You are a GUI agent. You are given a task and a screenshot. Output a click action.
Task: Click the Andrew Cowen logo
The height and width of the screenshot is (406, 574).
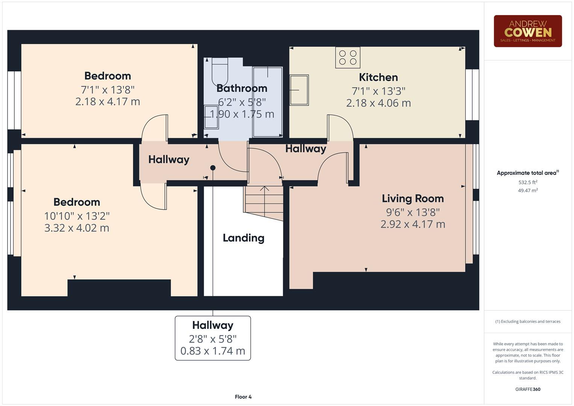pyautogui.click(x=527, y=31)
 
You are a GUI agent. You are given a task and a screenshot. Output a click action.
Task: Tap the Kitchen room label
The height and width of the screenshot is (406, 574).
pyautogui.click(x=378, y=77)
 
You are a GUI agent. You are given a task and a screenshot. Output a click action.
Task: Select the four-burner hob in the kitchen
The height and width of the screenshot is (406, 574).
pyautogui.click(x=348, y=58)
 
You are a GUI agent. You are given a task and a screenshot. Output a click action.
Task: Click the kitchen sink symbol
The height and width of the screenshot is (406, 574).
pyautogui.click(x=299, y=90)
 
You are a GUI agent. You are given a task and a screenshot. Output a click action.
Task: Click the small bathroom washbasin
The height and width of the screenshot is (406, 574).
pyautogui.click(x=209, y=117)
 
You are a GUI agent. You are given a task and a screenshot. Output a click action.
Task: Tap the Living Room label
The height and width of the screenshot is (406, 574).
pyautogui.click(x=412, y=198)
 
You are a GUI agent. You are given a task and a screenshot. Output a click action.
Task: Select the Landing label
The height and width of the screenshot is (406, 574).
pyautogui.click(x=243, y=238)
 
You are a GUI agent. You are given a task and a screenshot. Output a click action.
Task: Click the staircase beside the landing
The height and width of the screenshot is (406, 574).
pyautogui.click(x=264, y=202)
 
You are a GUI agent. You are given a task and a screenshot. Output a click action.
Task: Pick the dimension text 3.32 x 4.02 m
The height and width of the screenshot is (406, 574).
pyautogui.click(x=77, y=228)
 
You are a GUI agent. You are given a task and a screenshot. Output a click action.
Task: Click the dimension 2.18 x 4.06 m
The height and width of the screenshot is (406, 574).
pyautogui.click(x=378, y=103)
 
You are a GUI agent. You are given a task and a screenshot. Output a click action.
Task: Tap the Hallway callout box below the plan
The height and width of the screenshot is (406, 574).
pyautogui.click(x=213, y=338)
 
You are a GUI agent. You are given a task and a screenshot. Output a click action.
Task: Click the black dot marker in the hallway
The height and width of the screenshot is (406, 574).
pyautogui.click(x=213, y=168)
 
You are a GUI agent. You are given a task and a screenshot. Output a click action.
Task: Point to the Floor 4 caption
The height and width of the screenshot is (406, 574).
pyautogui.click(x=243, y=397)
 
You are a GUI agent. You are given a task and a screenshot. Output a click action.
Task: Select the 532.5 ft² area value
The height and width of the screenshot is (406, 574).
pyautogui.click(x=527, y=182)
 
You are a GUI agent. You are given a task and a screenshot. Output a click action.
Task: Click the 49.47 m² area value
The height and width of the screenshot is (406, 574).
pyautogui.click(x=527, y=191)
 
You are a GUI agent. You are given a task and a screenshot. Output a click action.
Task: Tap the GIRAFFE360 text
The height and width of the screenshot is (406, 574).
pyautogui.click(x=527, y=389)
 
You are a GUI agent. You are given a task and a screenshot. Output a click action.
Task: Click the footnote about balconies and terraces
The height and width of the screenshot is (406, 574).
pyautogui.click(x=527, y=321)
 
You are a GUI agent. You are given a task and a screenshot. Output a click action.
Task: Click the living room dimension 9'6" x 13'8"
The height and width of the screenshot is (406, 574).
pyautogui.click(x=412, y=212)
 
